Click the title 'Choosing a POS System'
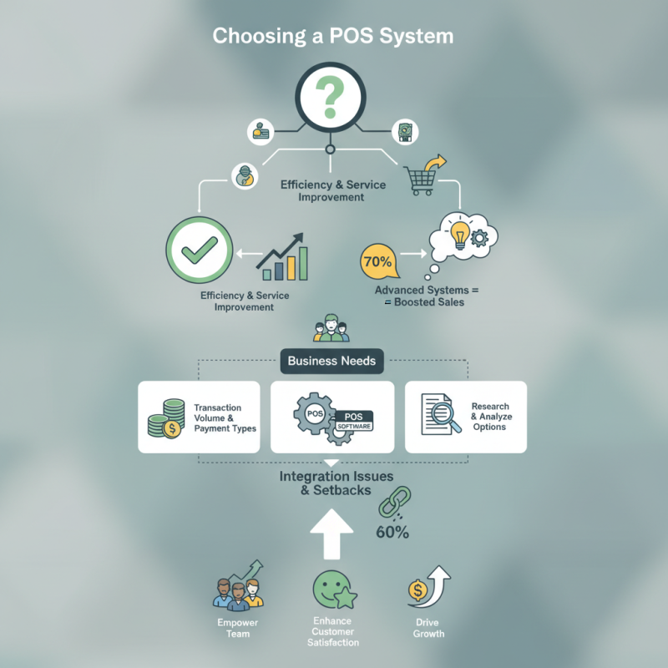pos(333,37)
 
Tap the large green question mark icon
pos(331,99)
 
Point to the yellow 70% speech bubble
pos(377,262)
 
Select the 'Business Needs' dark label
pos(331,362)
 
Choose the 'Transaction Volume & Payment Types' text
pos(224,417)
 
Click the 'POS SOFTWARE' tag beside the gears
pos(352,421)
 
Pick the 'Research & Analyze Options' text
pos(490,417)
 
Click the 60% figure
pos(392,533)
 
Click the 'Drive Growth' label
pos(428,628)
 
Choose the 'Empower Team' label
pos(238,628)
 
